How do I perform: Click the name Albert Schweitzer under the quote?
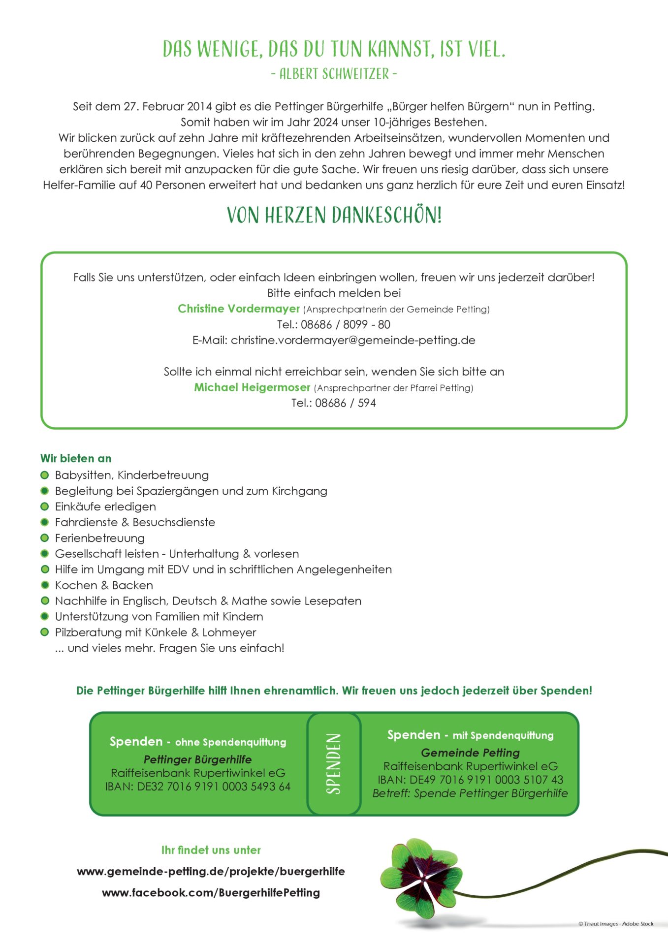(x=334, y=74)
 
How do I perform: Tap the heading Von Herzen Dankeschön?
(x=334, y=216)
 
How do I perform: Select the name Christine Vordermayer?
(x=239, y=309)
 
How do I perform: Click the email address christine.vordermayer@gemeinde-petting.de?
(x=353, y=340)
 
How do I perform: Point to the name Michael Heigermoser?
(x=252, y=387)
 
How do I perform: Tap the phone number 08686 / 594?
(x=345, y=403)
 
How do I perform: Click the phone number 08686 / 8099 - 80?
(x=345, y=325)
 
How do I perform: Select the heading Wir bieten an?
(x=76, y=458)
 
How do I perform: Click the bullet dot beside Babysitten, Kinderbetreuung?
(x=45, y=475)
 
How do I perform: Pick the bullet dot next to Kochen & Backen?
(x=45, y=585)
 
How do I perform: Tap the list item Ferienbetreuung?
(x=100, y=538)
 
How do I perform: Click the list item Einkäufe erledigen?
(x=105, y=506)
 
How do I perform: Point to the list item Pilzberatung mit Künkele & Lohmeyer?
(x=156, y=632)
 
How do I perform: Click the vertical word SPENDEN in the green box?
(x=334, y=764)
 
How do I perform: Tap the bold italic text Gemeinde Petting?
(x=470, y=753)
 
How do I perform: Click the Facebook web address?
(x=211, y=893)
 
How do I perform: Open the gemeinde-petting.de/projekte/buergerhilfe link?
(x=211, y=872)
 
